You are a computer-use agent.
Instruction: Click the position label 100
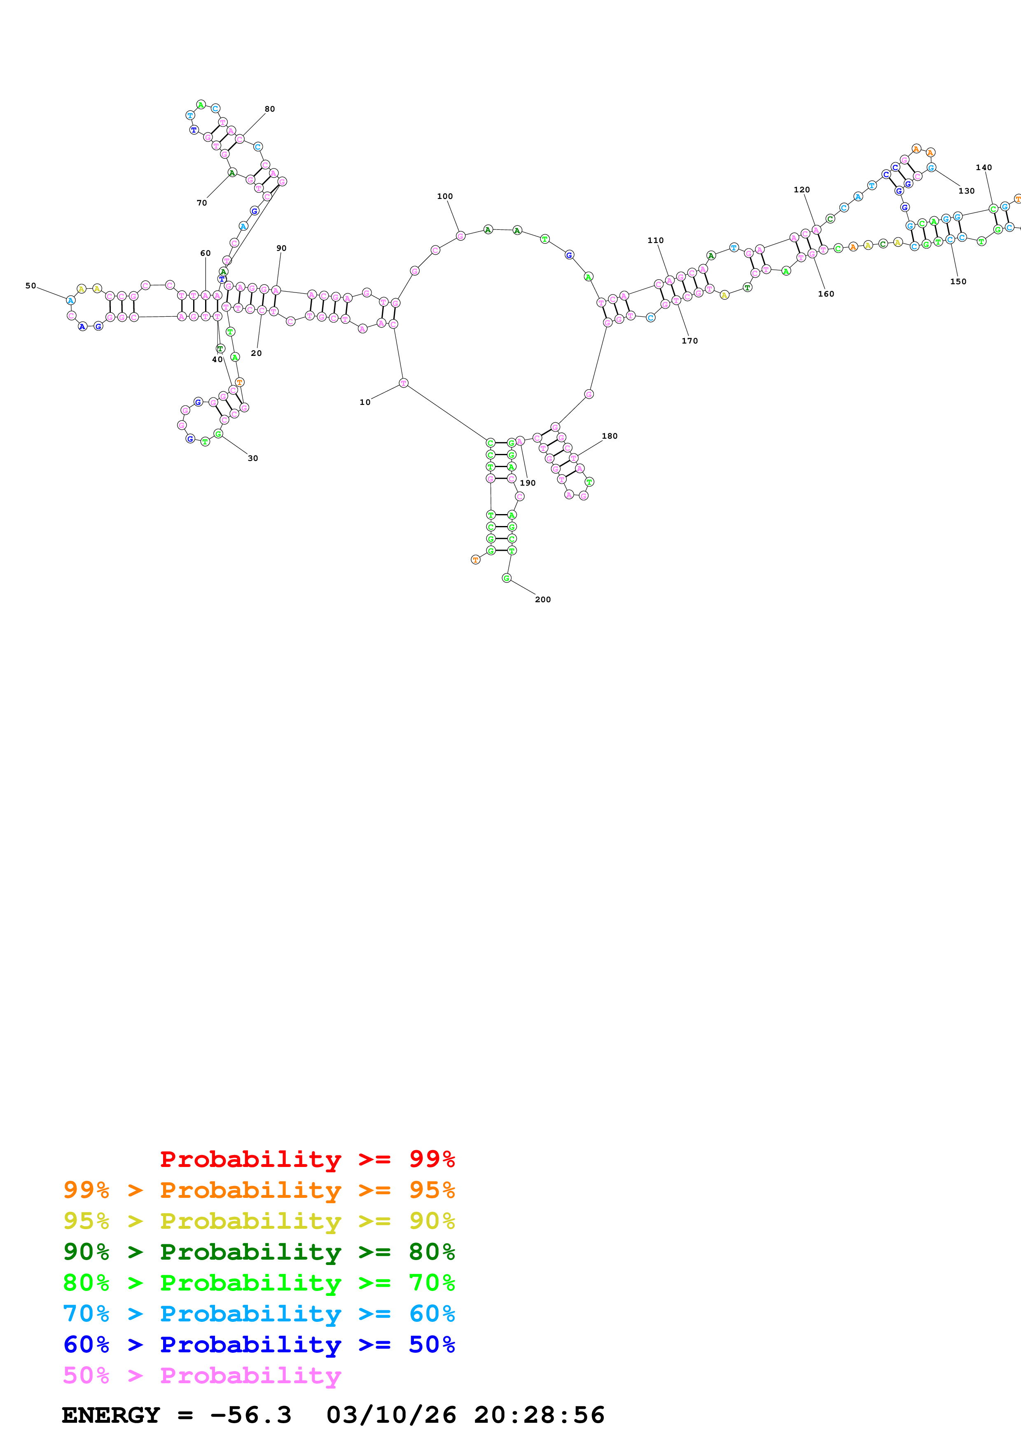(x=445, y=196)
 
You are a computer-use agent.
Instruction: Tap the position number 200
(x=542, y=600)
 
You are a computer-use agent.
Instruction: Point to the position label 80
(x=269, y=109)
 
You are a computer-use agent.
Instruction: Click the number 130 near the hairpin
(x=966, y=191)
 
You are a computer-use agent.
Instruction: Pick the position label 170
(x=689, y=341)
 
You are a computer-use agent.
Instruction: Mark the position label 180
(x=609, y=436)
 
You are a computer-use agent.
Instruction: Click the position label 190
(x=527, y=483)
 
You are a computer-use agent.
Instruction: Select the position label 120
(x=801, y=189)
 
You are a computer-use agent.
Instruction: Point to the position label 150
(x=958, y=281)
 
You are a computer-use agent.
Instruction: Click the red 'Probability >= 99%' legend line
(x=307, y=1159)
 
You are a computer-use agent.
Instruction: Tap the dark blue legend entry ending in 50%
(x=259, y=1344)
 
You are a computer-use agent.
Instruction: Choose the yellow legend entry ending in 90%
(x=259, y=1221)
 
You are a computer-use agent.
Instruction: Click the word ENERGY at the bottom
(x=111, y=1415)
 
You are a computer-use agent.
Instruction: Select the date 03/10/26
(x=391, y=1415)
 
